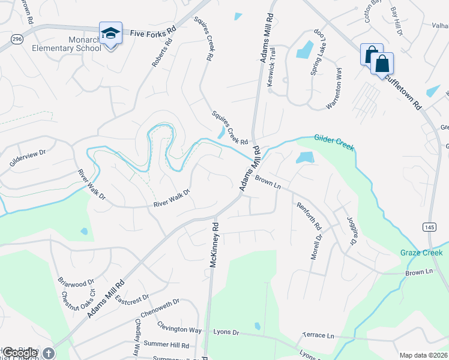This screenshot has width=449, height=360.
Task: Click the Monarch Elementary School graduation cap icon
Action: click(x=110, y=34)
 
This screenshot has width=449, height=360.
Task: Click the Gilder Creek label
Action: click(x=334, y=142)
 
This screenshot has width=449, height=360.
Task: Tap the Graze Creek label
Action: click(x=421, y=253)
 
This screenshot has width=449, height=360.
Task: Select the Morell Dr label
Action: click(x=317, y=246)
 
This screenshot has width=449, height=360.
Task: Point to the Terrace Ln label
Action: click(x=318, y=335)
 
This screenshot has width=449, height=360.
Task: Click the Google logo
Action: click(x=19, y=353)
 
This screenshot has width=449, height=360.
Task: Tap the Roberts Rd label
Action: click(x=162, y=54)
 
